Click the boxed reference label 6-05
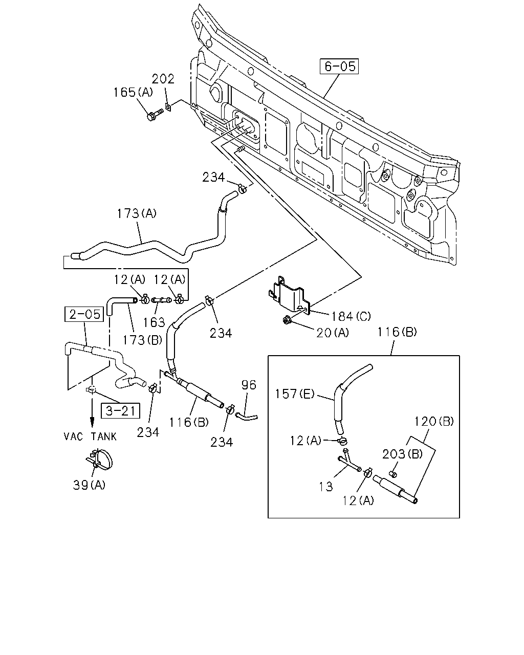point(339,66)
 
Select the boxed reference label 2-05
point(84,314)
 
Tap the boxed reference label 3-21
point(120,411)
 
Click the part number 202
point(163,79)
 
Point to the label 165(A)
point(133,92)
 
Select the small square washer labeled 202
point(168,107)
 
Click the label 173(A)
point(137,214)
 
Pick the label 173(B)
point(142,340)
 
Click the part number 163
point(154,322)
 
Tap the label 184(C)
point(351,317)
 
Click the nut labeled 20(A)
point(286,320)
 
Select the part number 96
point(249,385)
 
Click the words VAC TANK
point(90,437)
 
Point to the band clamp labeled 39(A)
point(99,462)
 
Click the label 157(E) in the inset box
point(294,394)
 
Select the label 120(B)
point(434,421)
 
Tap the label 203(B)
point(402,454)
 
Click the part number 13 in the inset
point(326,487)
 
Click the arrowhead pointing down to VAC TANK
point(92,423)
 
